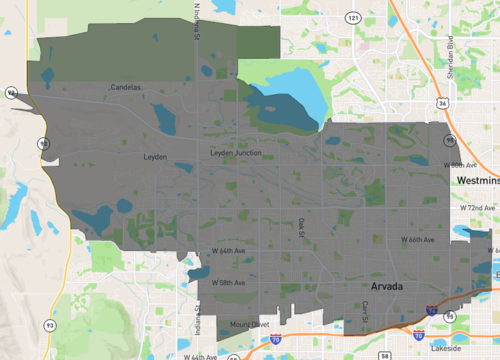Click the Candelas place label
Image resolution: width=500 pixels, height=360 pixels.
coord(125,87)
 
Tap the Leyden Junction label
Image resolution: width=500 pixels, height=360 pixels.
coord(234,152)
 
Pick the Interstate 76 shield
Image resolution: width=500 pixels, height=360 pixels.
coord(430,311)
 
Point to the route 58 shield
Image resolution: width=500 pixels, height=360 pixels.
coord(385,354)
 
